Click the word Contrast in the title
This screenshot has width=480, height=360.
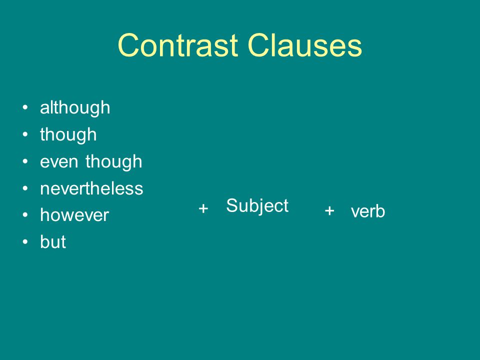pyautogui.click(x=178, y=45)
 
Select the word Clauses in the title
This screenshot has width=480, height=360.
pyautogui.click(x=305, y=45)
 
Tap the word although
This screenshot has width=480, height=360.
pyautogui.click(x=75, y=108)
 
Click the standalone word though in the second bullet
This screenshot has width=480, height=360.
pyautogui.click(x=68, y=135)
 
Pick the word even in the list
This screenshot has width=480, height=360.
pyautogui.click(x=59, y=162)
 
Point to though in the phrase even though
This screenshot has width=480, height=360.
pyautogui.click(x=114, y=162)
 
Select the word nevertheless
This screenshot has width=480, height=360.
pyautogui.click(x=91, y=188)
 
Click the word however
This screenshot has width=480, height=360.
pyautogui.click(x=74, y=215)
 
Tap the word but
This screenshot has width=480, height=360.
pyautogui.click(x=53, y=242)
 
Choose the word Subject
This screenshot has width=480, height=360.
pyautogui.click(x=257, y=206)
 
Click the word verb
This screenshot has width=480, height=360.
pyautogui.click(x=368, y=211)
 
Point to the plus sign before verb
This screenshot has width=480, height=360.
pyautogui.click(x=329, y=211)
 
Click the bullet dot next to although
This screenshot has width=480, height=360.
pyautogui.click(x=25, y=107)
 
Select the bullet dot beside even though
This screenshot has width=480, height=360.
pyautogui.click(x=25, y=161)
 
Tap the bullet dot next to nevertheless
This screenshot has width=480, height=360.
pyautogui.click(x=25, y=188)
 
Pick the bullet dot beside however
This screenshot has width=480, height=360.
pyautogui.click(x=25, y=215)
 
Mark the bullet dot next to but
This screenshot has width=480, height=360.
pyautogui.click(x=25, y=241)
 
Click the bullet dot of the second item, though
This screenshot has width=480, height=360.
pyautogui.click(x=25, y=134)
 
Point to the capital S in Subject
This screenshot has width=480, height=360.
pyautogui.click(x=231, y=205)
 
